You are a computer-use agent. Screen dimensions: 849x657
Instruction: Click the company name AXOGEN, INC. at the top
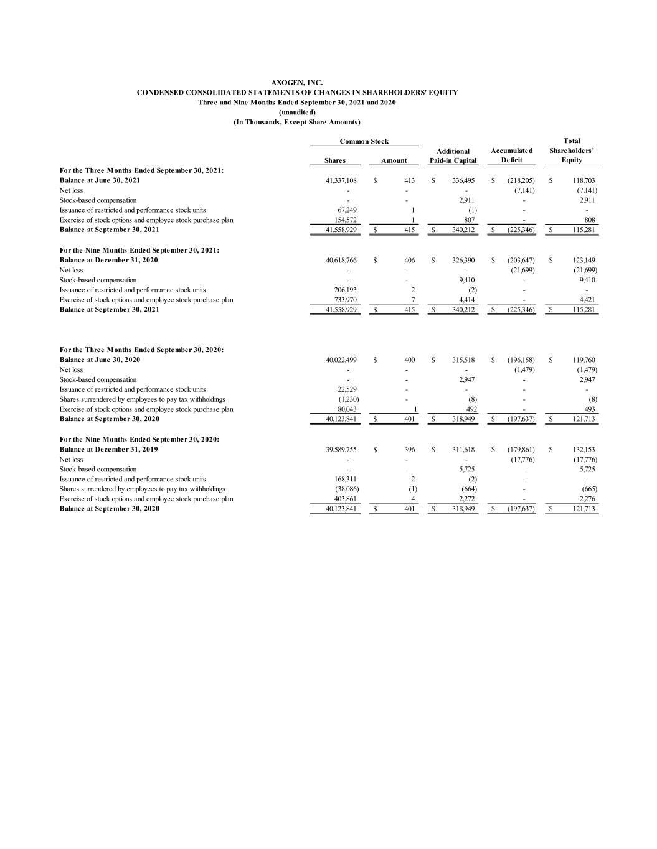(297, 82)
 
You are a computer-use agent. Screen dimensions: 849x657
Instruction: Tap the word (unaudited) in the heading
(297, 112)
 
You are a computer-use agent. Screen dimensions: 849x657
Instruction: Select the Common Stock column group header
(364, 141)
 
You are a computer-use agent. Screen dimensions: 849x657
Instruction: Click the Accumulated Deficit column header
(511, 155)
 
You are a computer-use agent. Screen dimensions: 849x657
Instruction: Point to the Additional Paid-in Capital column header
(453, 155)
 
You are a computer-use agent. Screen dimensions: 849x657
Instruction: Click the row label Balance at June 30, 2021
(100, 180)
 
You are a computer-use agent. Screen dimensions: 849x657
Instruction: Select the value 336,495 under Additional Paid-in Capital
(464, 180)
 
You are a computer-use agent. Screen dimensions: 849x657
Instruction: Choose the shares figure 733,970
(346, 300)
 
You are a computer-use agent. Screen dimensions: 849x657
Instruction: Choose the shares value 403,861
(346, 499)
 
